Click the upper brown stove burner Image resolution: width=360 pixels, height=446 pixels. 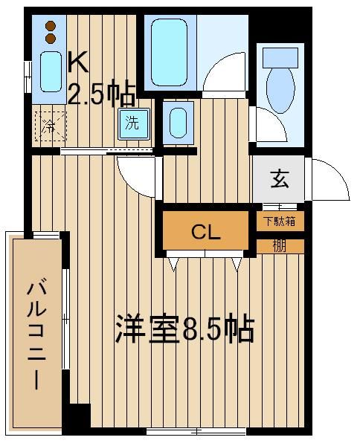[51, 26]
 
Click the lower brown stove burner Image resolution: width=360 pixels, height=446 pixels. [51, 39]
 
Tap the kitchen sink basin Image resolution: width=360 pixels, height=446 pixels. [51, 71]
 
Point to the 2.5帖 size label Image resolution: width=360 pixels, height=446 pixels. [101, 93]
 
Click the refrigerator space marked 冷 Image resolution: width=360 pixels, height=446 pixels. [51, 126]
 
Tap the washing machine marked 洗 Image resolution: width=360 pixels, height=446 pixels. [134, 123]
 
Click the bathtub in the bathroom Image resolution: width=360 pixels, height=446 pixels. [170, 52]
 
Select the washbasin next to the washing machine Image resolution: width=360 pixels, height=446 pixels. [179, 123]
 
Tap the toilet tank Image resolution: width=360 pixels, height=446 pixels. [280, 57]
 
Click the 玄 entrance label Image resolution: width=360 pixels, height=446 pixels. [280, 179]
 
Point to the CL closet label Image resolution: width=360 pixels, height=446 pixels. [206, 233]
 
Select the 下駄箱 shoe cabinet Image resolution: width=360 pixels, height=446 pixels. [280, 221]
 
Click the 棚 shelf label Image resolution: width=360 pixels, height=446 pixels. [279, 246]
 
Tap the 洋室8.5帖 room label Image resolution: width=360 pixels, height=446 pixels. [184, 329]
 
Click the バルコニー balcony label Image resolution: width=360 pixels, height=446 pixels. [36, 335]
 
